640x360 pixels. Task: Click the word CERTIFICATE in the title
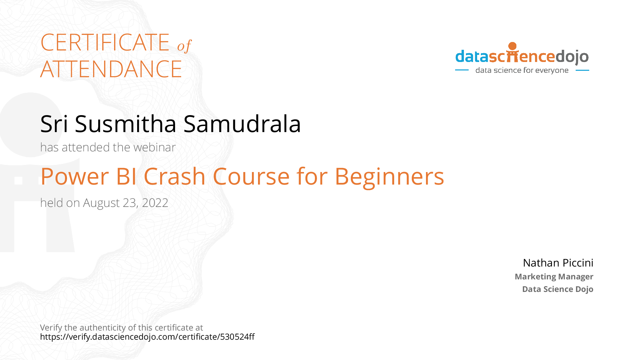point(105,43)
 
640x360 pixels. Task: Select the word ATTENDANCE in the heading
point(111,69)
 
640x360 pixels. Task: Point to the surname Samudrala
point(242,124)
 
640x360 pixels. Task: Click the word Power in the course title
point(75,177)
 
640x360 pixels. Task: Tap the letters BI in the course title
point(126,177)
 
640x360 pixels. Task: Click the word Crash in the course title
point(175,176)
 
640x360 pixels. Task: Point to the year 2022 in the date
point(155,203)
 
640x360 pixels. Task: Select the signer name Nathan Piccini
point(558,263)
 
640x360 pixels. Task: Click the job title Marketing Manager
point(554,277)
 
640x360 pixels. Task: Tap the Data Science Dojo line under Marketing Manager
point(558,289)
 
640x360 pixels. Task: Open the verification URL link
point(147,337)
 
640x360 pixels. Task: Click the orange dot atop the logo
point(513,46)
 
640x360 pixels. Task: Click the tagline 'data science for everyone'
point(522,70)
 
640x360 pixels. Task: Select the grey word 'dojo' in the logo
point(572,57)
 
